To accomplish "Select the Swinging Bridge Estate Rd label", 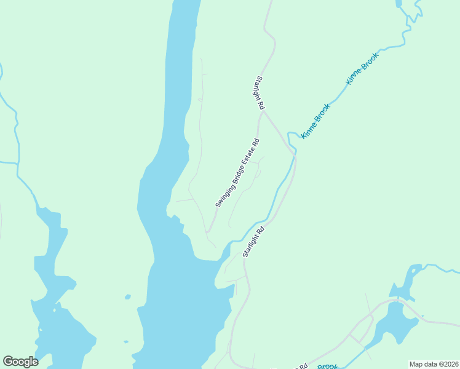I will [237, 173].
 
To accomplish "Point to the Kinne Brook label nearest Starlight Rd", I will [315, 121].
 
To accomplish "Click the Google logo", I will [20, 362].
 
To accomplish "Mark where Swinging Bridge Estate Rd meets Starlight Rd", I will [262, 111].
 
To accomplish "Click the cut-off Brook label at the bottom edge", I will [328, 367].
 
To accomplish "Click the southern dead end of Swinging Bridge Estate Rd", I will [207, 232].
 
